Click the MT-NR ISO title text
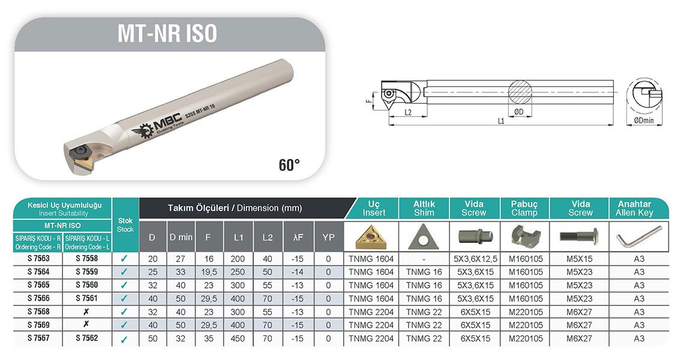coord(167,34)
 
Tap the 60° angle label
coord(289,165)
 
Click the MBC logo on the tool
coord(156,128)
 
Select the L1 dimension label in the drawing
coord(501,121)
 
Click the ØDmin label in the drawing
coord(644,121)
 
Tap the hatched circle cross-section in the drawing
coord(520,92)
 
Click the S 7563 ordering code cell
coord(38,259)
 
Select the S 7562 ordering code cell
coord(87,338)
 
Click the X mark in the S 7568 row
coord(86,311)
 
